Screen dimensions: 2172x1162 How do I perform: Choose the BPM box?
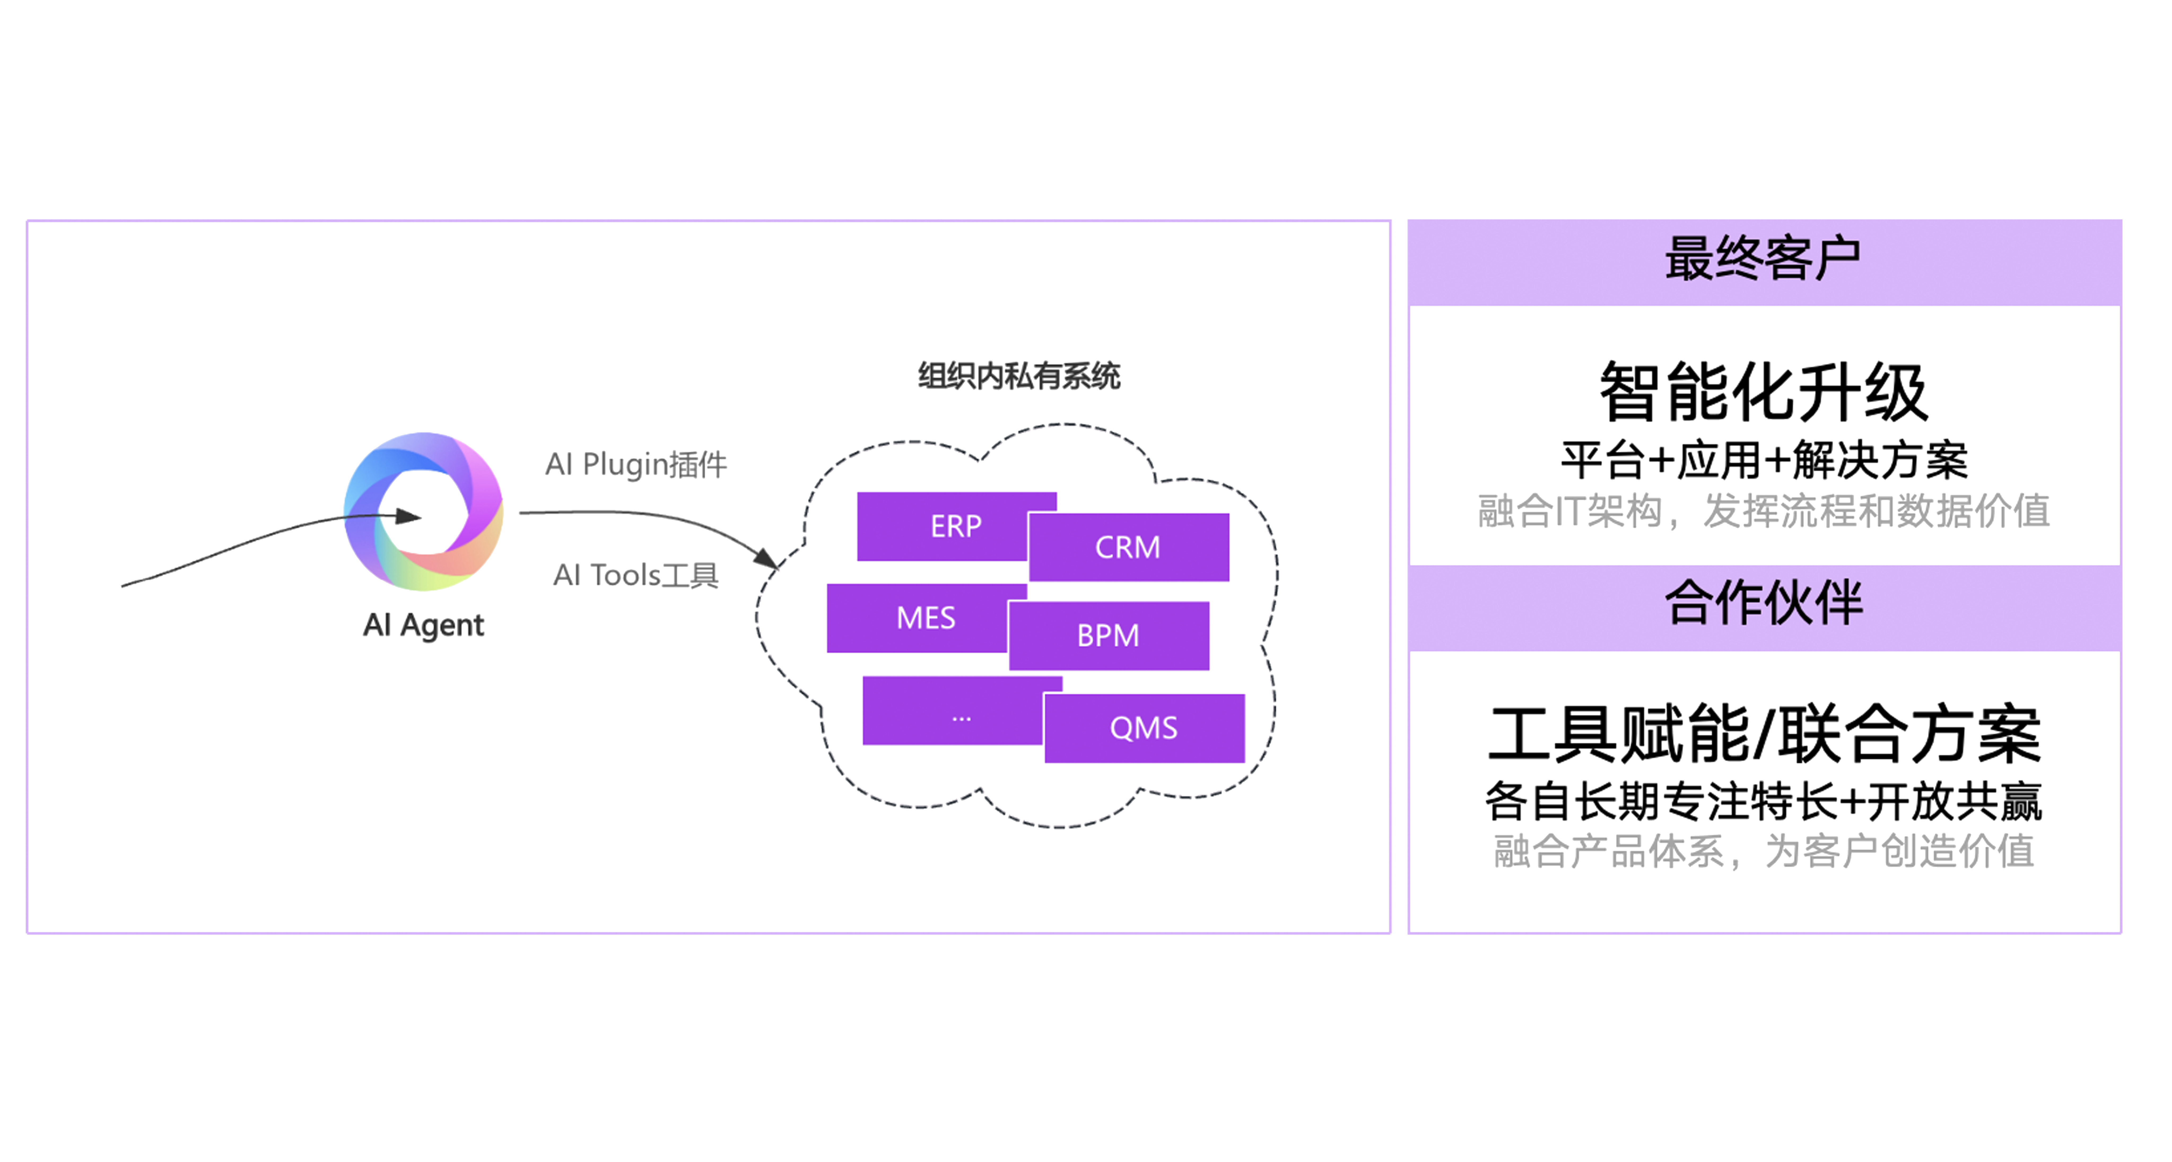(x=1109, y=636)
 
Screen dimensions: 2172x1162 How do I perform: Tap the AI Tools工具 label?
(x=636, y=575)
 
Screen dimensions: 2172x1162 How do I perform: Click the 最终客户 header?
(x=1764, y=258)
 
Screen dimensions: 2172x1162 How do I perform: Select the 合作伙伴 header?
(x=1764, y=603)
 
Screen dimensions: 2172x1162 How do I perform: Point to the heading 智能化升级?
(x=1764, y=392)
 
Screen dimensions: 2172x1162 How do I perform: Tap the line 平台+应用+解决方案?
(x=1764, y=460)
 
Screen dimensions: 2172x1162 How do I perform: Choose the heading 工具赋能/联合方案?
(x=1764, y=734)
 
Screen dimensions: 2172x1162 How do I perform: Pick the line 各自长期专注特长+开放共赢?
(x=1764, y=801)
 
